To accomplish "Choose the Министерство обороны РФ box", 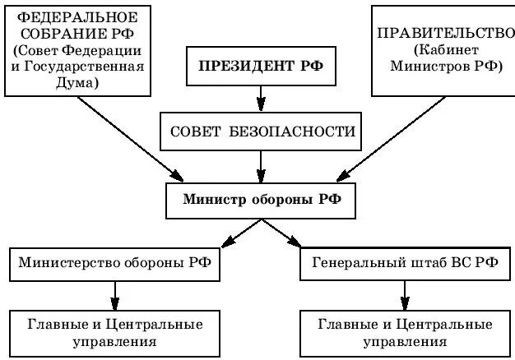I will coord(114,263).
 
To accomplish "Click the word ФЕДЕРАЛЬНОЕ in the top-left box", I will coord(78,17).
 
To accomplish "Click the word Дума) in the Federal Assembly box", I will coord(78,83).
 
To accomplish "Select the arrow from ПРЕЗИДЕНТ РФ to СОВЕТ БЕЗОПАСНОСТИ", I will coord(261,99).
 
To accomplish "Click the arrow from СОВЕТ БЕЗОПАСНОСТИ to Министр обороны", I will coord(261,165).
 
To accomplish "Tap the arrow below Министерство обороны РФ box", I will coord(115,293).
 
